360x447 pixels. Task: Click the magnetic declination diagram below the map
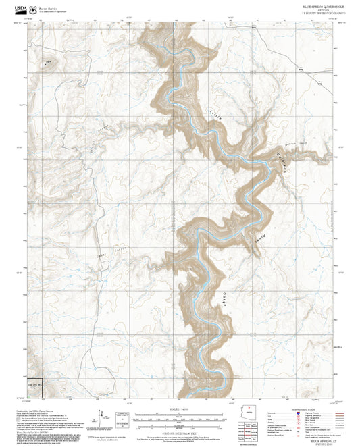pos(102,416)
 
